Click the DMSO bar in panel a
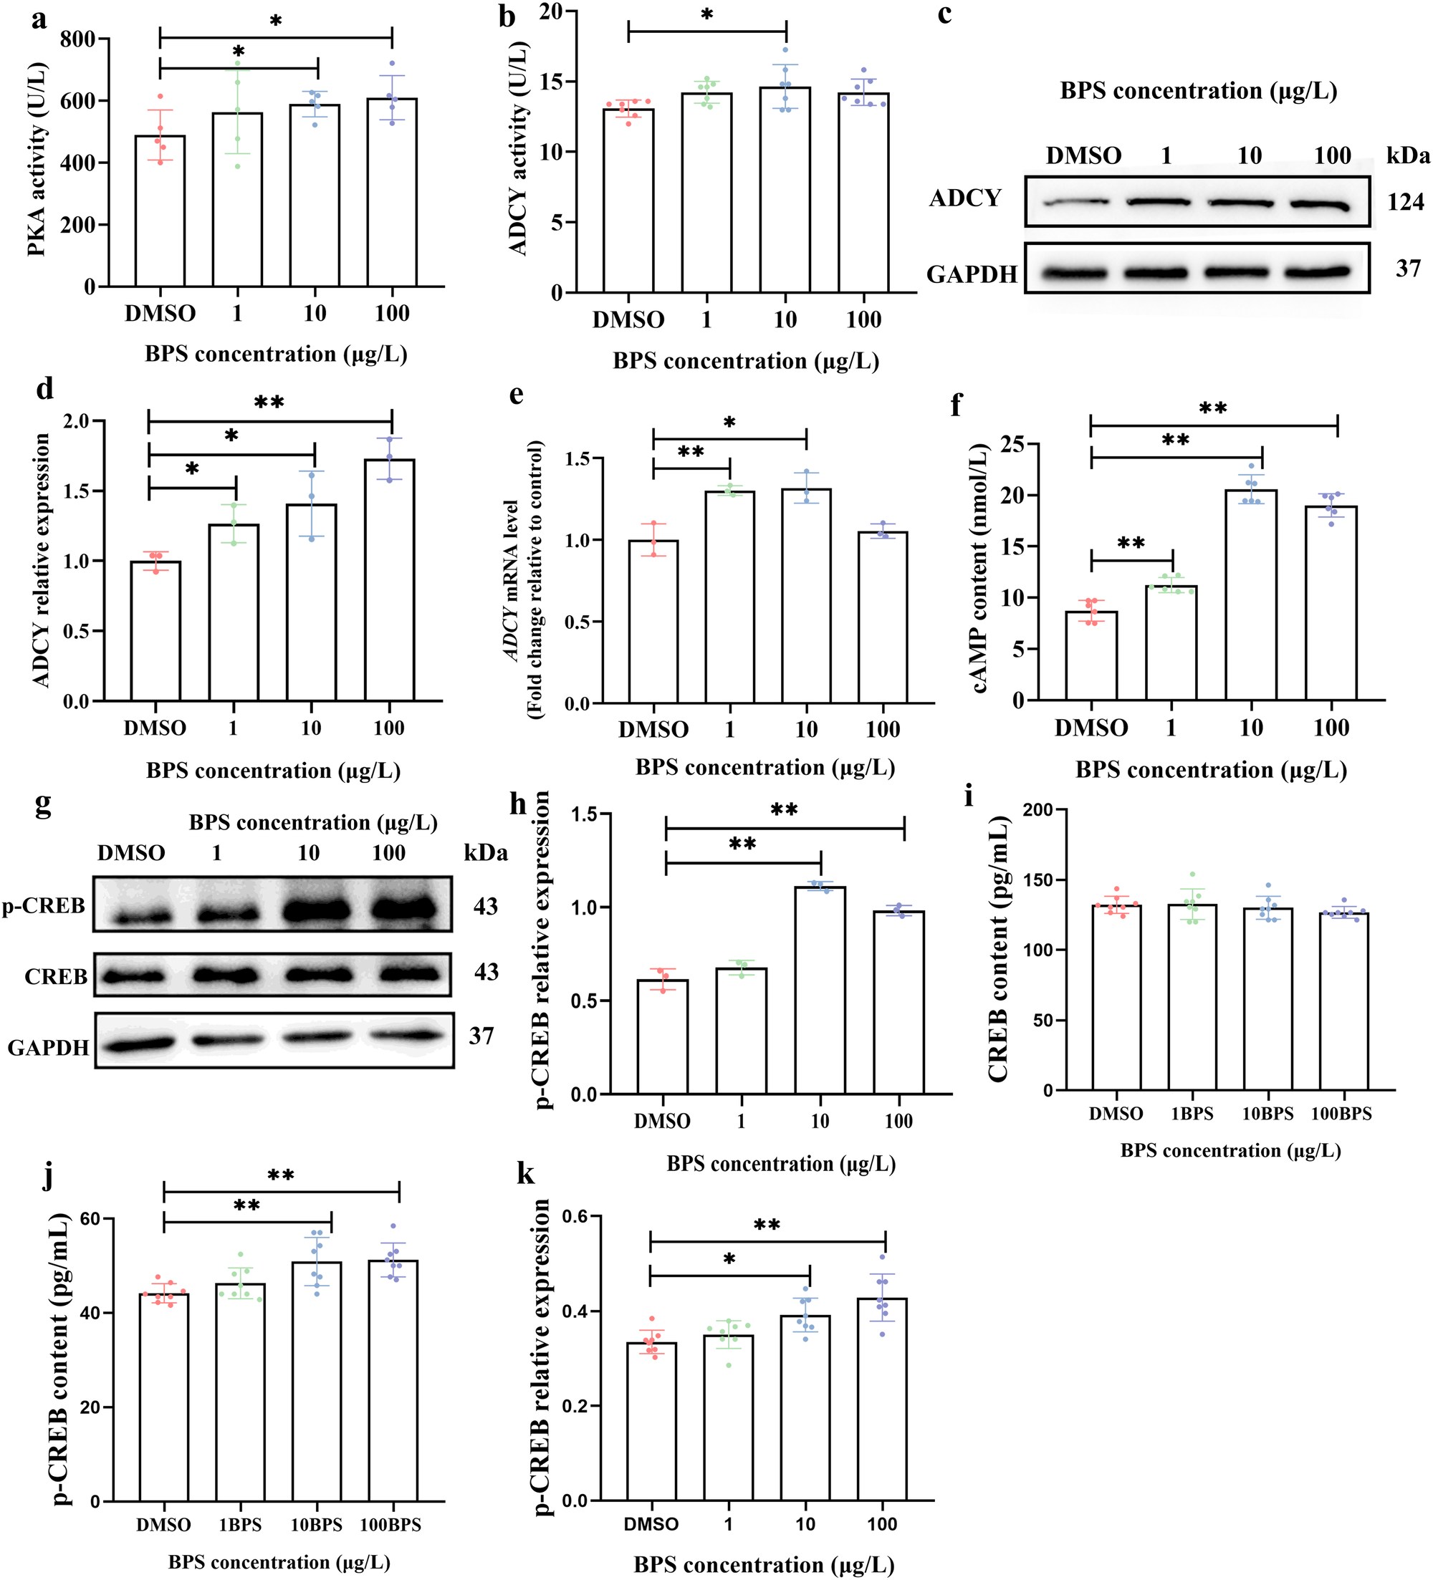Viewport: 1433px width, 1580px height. (160, 211)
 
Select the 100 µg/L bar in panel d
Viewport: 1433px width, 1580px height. (390, 580)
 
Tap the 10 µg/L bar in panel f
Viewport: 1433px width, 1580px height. (1250, 596)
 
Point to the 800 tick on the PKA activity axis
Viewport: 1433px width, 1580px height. (77, 39)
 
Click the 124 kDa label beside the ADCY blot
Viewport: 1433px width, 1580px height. (1405, 202)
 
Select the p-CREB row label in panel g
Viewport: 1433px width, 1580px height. (44, 906)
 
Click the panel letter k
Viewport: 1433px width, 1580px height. (524, 1174)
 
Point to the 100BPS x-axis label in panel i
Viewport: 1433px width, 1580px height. (1341, 1114)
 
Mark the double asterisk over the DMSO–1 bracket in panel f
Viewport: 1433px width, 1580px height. (1131, 543)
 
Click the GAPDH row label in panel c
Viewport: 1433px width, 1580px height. (972, 274)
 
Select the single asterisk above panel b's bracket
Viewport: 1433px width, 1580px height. (706, 15)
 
